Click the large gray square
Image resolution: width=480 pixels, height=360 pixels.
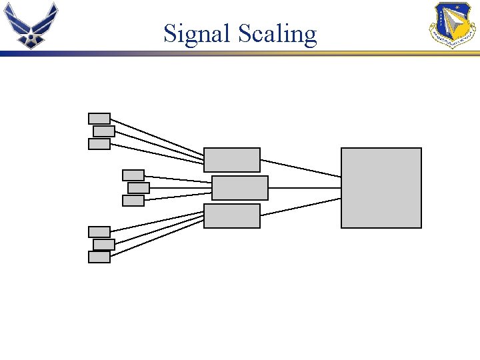381,188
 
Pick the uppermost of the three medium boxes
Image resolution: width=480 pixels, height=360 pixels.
232,160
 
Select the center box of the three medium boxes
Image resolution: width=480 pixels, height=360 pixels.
240,188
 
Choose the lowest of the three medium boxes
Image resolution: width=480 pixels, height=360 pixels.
232,216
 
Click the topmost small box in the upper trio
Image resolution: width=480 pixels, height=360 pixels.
99,119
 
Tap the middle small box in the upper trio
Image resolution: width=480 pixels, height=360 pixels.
104,131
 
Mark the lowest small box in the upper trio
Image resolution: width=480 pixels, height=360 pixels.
99,144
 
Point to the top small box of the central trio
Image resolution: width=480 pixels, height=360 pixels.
133,175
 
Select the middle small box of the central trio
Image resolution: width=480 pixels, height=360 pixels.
139,188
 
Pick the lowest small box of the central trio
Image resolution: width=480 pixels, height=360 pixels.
133,201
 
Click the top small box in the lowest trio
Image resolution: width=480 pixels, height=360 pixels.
99,232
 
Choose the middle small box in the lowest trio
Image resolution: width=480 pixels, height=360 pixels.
104,245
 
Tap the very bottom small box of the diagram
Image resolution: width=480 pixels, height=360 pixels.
99,257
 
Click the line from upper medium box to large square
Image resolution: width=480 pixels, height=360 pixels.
301,168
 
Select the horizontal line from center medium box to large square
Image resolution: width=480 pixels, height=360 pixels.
305,188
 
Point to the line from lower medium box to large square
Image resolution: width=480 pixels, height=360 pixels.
301,207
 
